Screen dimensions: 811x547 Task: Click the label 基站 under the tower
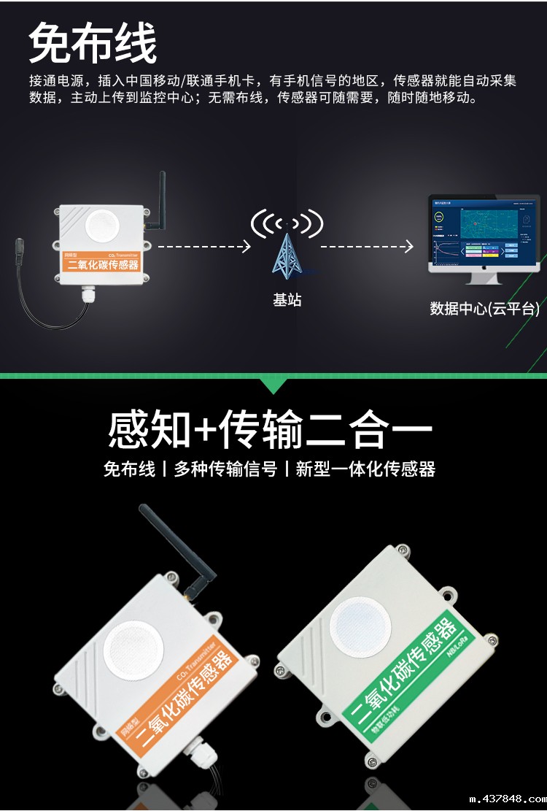click(287, 300)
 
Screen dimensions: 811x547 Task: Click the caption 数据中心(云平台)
click(484, 309)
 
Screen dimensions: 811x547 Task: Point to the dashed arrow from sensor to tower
click(204, 247)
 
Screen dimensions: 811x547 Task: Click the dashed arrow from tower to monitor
click(367, 247)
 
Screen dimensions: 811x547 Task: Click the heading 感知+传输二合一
click(271, 431)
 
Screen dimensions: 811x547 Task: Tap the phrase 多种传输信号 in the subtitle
click(225, 469)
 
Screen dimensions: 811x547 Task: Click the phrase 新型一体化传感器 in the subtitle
click(365, 469)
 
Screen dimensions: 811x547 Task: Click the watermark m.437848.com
click(503, 799)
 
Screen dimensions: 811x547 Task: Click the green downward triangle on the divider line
click(274, 385)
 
